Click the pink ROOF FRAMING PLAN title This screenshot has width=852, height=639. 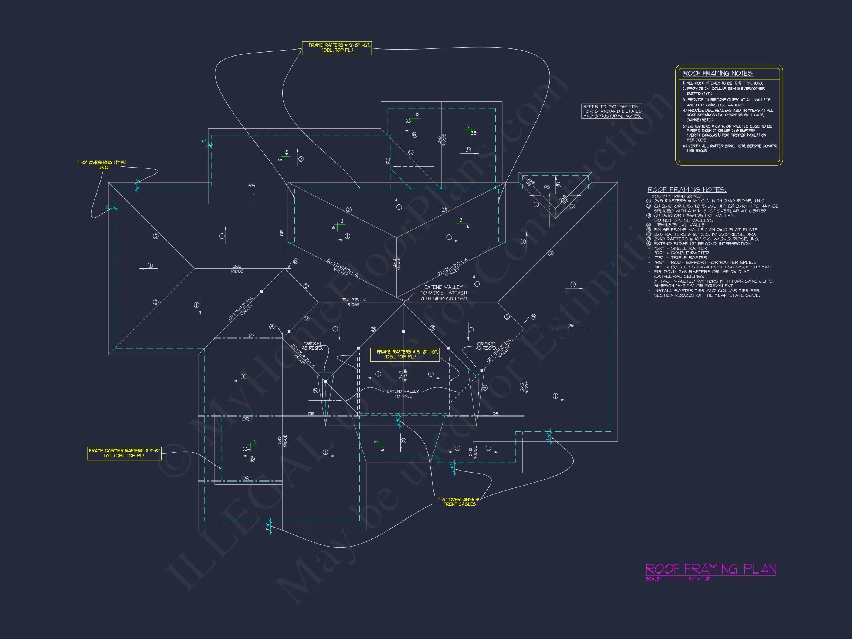710,569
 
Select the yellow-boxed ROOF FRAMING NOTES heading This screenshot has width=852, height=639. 718,74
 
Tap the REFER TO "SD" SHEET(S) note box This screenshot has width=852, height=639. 612,111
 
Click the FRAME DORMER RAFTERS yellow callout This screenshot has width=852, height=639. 124,453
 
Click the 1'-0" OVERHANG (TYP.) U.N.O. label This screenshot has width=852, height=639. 102,165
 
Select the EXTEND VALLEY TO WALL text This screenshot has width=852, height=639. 403,393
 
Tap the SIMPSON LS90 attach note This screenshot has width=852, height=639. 443,293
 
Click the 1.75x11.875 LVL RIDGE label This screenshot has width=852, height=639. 353,302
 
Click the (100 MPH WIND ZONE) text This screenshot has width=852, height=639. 676,196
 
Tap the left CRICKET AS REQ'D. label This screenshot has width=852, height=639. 312,346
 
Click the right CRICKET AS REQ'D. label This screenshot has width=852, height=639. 486,346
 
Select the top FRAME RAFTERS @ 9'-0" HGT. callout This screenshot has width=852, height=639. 337,48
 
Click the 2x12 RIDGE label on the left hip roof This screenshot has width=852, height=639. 237,268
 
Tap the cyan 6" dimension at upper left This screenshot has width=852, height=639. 204,141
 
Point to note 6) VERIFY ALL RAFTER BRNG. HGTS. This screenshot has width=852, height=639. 730,148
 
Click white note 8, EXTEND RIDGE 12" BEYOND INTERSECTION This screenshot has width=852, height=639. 702,243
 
